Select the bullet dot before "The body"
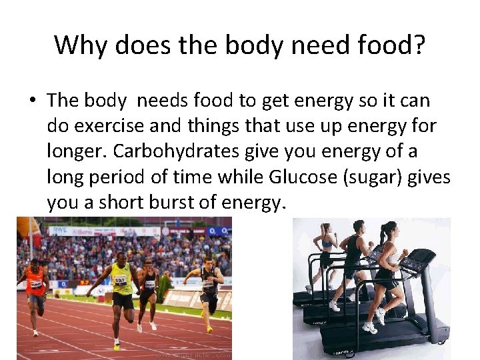[x=31, y=101]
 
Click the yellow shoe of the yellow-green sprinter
[x=117, y=346]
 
